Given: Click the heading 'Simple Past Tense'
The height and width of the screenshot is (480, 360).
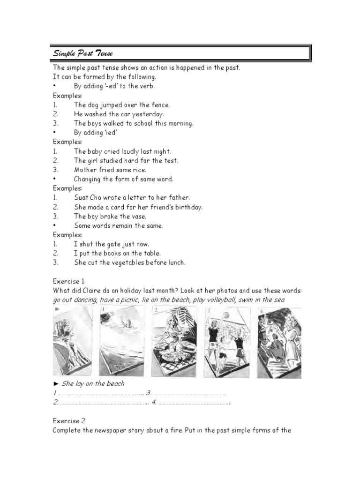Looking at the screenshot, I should (82, 53).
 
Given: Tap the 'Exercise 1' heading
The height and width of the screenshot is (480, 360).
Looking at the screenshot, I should (68, 281).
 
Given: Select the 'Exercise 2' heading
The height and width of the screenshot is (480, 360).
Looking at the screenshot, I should (68, 421).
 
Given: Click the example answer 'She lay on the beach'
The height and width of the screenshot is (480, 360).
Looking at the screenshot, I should (93, 383).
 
